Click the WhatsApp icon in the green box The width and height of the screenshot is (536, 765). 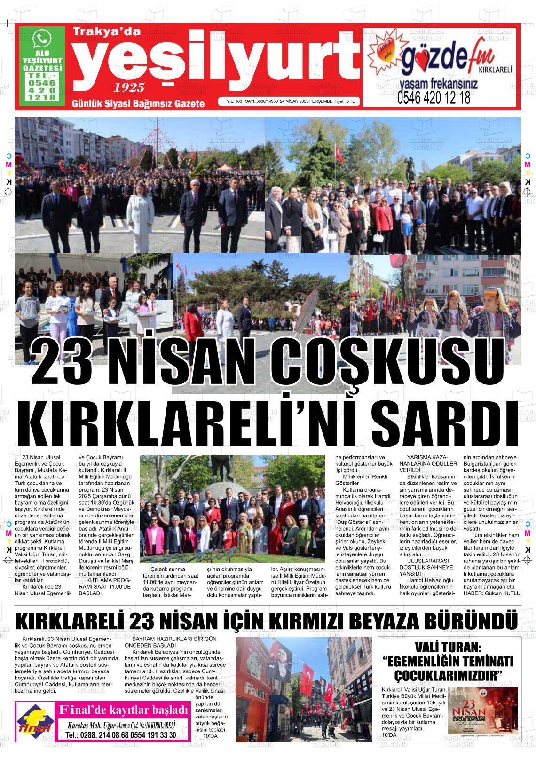[x=43, y=38]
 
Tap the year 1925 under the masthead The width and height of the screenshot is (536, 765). [x=129, y=87]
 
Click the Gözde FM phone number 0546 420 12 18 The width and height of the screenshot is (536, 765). [x=434, y=98]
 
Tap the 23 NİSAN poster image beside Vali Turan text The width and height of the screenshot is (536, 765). [x=483, y=711]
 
